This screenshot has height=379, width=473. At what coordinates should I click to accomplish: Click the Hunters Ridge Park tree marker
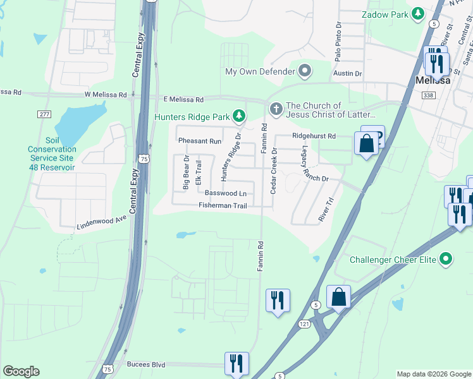tap(239, 115)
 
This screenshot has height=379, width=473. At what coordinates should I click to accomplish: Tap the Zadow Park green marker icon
tap(417, 13)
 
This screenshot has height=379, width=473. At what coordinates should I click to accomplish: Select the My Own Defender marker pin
tap(306, 71)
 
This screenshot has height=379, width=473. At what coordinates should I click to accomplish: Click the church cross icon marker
tap(276, 110)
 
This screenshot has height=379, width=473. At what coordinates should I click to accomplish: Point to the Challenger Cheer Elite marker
tap(446, 258)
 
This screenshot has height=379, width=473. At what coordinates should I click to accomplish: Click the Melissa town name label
tap(433, 80)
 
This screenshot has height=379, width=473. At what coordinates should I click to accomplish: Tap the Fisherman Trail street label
tap(226, 205)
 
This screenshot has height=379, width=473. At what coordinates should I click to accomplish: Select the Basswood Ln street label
tap(226, 193)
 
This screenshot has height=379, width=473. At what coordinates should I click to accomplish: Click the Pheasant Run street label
tap(200, 141)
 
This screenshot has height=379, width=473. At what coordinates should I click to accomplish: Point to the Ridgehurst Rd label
tap(314, 136)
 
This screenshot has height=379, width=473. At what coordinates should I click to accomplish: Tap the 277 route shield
tap(44, 114)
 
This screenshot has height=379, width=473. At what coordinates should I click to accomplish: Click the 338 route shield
tap(429, 95)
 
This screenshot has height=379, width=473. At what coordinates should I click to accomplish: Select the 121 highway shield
tap(304, 324)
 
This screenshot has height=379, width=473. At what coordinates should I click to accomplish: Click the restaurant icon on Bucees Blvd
tap(236, 363)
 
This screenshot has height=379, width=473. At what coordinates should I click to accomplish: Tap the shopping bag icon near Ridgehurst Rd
tap(366, 143)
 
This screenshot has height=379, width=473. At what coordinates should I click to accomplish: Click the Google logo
tap(21, 371)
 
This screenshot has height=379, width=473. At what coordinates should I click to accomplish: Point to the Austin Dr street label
tap(348, 74)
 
